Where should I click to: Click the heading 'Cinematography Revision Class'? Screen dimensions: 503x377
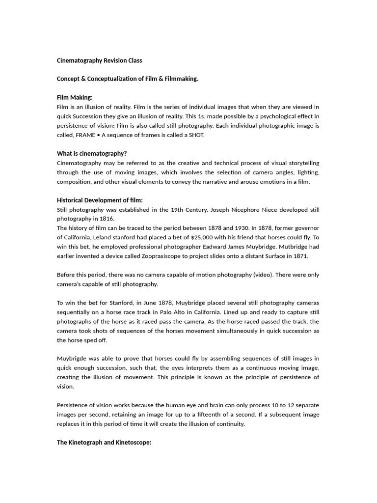[x=100, y=60]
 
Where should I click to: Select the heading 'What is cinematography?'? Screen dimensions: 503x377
[x=92, y=153]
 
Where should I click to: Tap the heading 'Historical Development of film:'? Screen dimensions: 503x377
[x=100, y=200]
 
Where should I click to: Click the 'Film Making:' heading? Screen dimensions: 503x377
[x=75, y=97]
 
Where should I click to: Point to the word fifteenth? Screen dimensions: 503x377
[x=230, y=414]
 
